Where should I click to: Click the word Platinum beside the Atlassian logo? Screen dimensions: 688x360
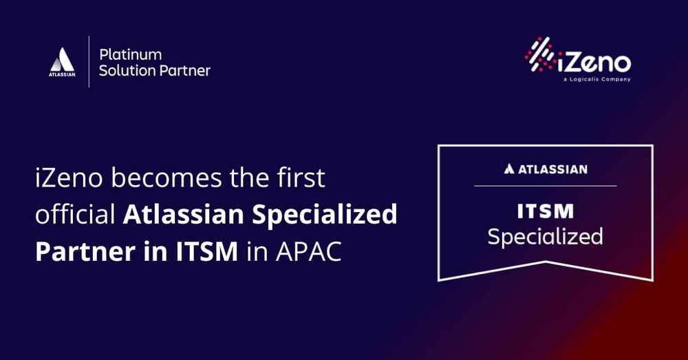click(130, 55)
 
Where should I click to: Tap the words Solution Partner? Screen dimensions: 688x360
click(154, 71)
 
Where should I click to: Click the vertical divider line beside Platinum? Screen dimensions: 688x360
click(89, 61)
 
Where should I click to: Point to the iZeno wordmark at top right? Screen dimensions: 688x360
click(594, 63)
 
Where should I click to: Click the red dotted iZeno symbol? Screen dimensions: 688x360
click(540, 54)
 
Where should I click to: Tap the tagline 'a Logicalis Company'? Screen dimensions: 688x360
click(596, 80)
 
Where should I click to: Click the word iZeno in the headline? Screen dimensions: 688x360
click(69, 178)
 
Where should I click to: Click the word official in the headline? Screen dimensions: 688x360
click(75, 214)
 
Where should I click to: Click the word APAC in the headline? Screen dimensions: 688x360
click(308, 251)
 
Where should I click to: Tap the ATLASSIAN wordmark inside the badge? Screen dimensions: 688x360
click(546, 169)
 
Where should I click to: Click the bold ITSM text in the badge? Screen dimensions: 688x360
click(546, 211)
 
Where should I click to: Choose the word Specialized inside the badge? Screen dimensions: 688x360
click(546, 237)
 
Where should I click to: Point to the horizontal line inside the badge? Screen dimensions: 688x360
click(546, 186)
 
